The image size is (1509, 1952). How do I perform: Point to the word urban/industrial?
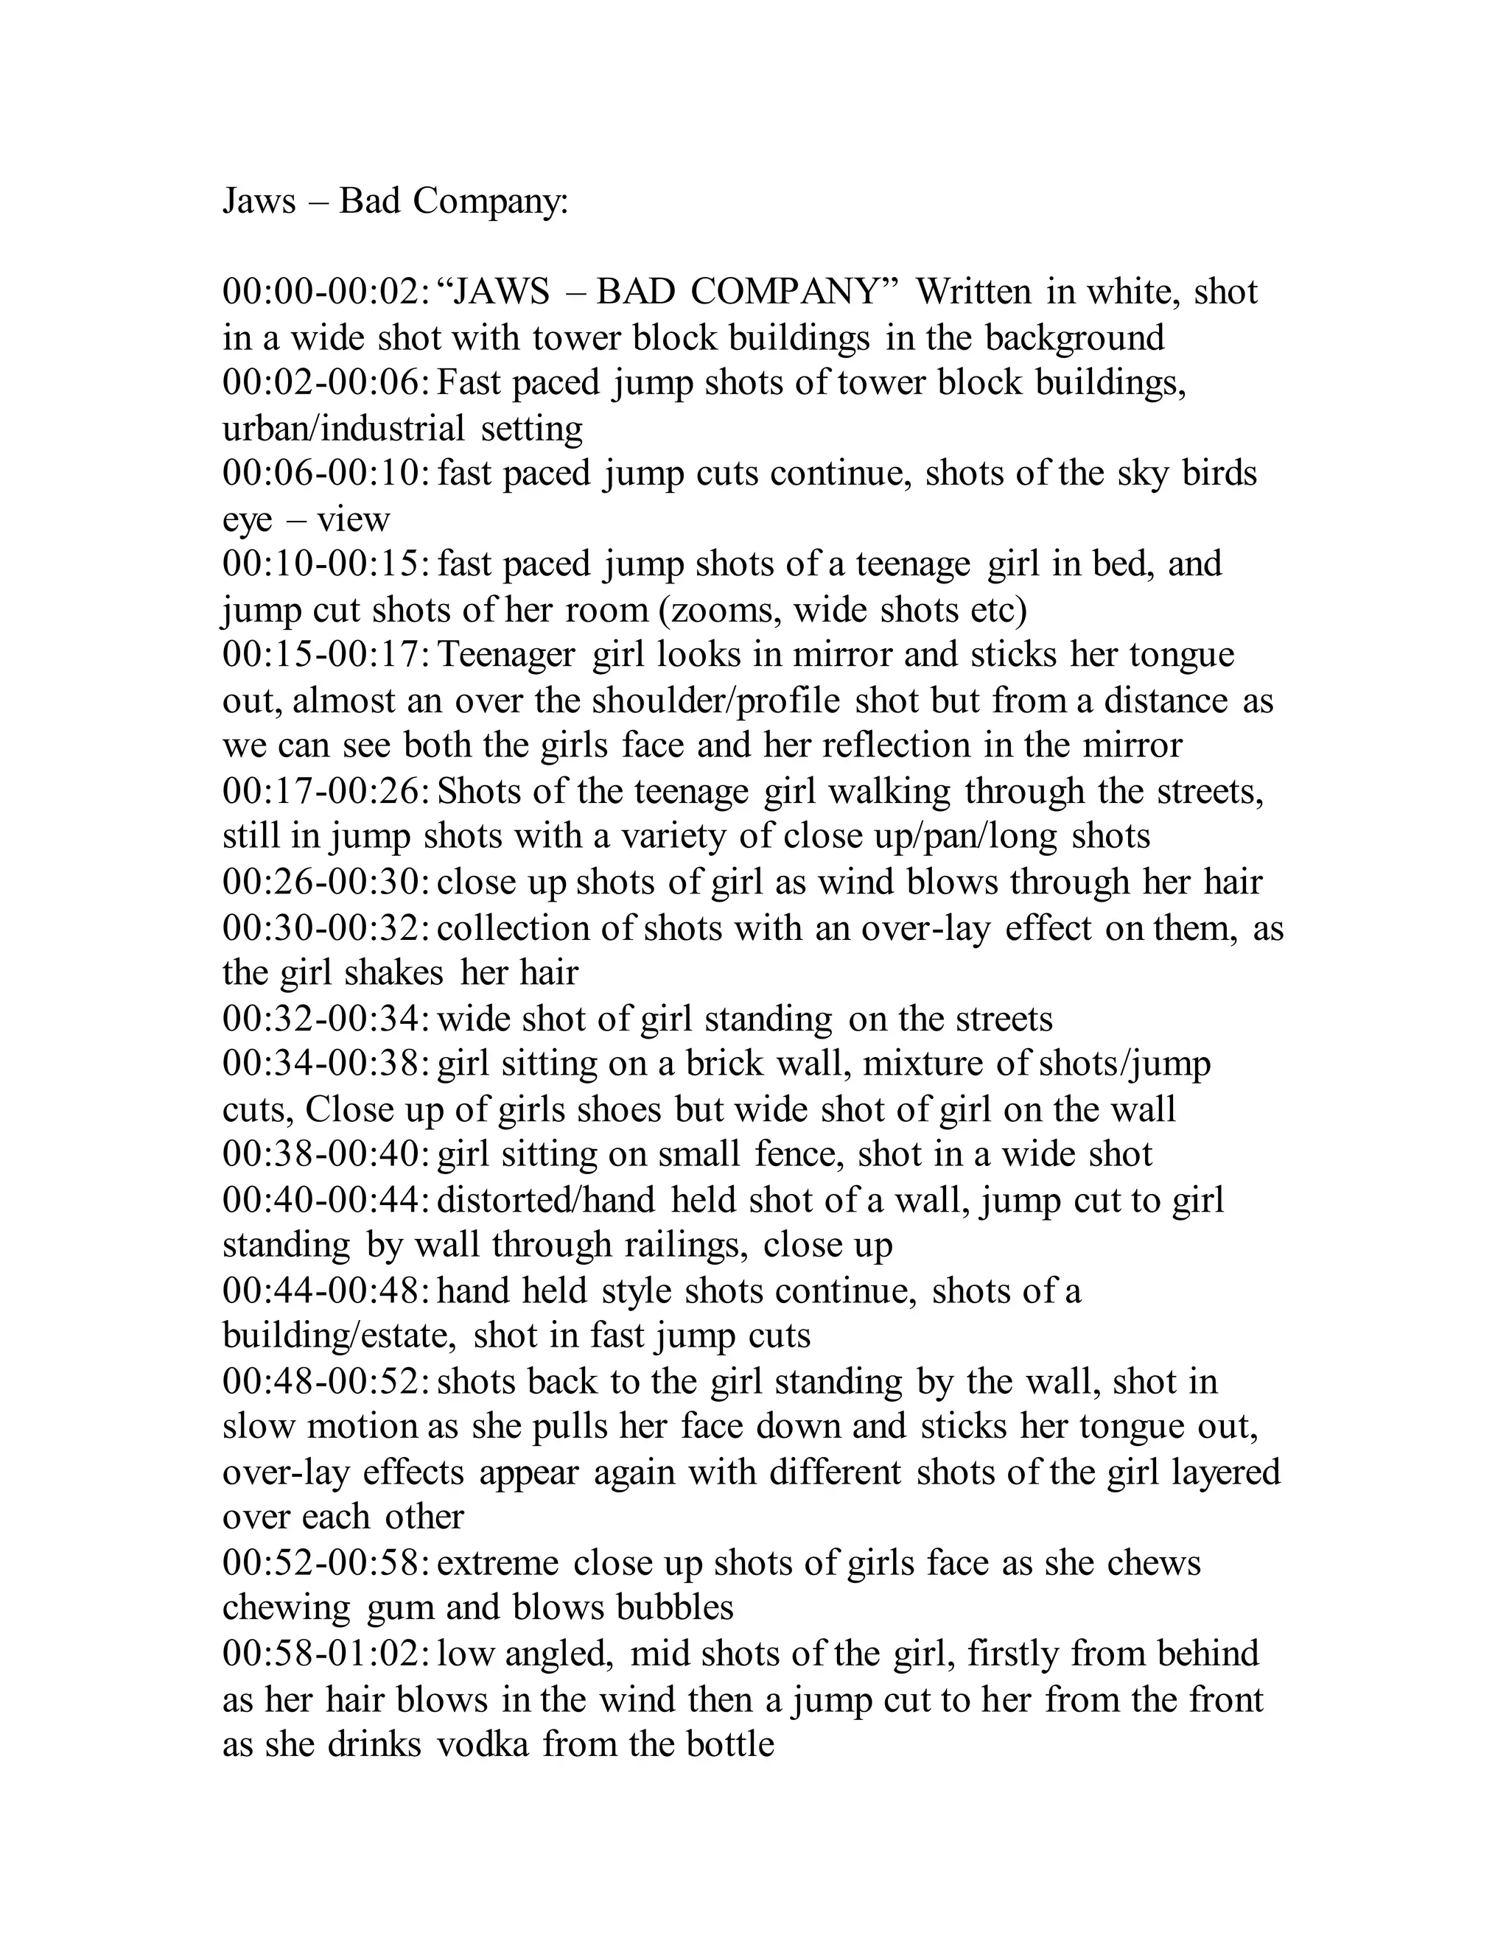[343, 429]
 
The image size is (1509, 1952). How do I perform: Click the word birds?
[1219, 474]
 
